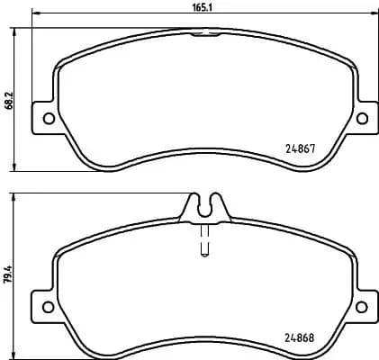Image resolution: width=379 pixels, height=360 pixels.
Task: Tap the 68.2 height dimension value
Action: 9,100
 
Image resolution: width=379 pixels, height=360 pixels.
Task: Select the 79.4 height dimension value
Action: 9,274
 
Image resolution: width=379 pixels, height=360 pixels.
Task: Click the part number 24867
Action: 300,148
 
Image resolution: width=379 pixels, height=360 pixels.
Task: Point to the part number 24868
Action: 299,338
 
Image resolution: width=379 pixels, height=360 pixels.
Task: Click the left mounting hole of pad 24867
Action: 49,119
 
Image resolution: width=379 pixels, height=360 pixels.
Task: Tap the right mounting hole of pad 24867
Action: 363,118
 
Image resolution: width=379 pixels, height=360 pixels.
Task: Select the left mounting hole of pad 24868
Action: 48,307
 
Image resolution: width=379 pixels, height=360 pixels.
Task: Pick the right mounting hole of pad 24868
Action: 362,307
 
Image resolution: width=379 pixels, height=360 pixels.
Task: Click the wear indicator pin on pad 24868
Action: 204,241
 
